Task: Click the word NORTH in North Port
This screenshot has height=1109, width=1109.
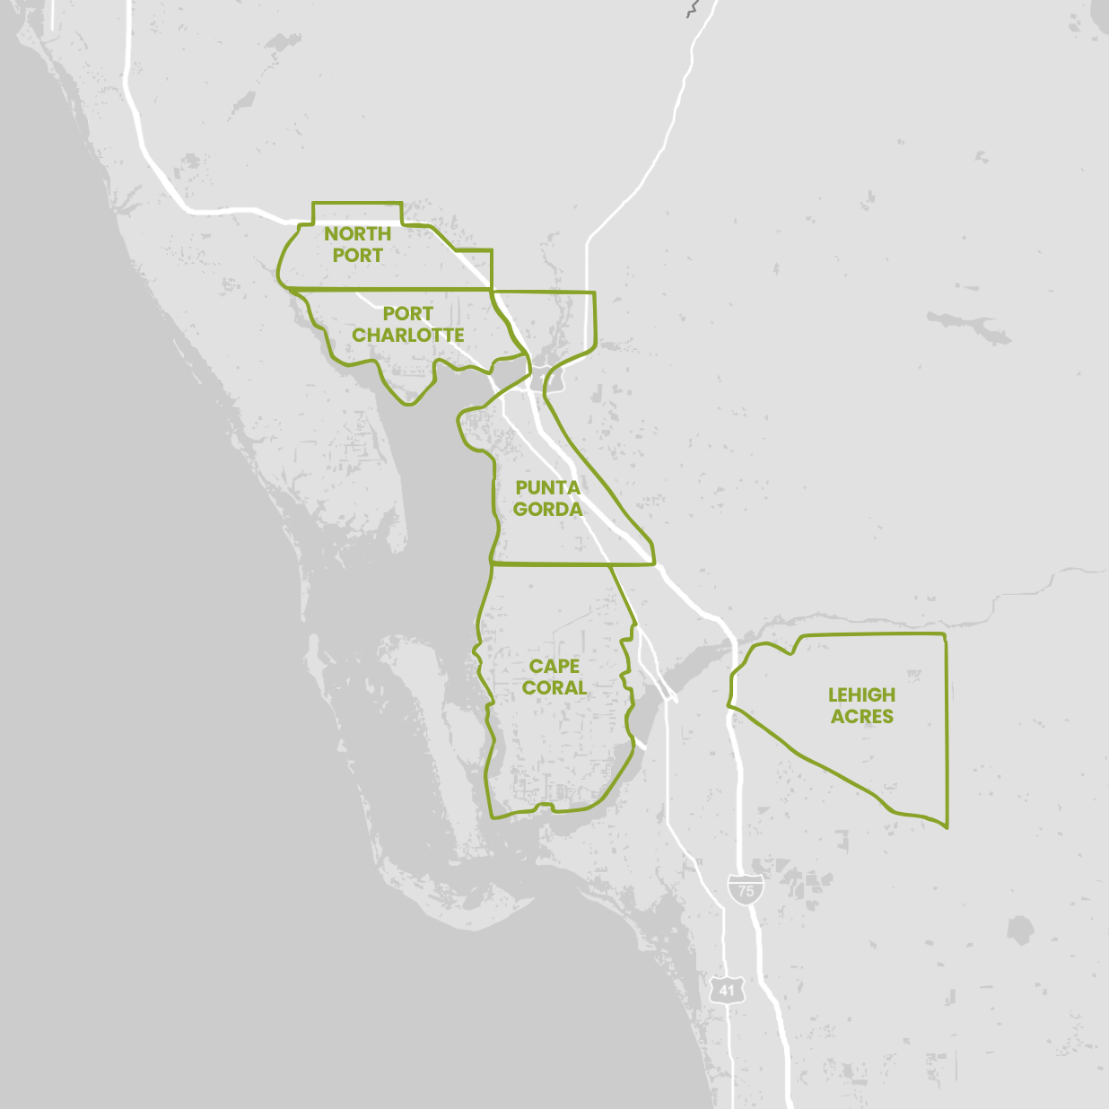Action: (x=357, y=234)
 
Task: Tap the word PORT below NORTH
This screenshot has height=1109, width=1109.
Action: (x=357, y=256)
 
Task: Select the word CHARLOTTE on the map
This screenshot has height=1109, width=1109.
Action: (x=408, y=336)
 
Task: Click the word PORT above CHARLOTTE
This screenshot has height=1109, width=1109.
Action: (x=408, y=314)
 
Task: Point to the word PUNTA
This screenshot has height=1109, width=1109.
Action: (x=547, y=488)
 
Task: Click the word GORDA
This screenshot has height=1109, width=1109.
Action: (x=547, y=510)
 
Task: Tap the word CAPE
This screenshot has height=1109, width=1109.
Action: (x=554, y=667)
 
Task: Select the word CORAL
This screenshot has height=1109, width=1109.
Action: (x=554, y=688)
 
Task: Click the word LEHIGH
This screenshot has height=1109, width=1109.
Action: (x=861, y=695)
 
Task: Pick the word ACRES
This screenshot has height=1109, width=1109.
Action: (x=861, y=717)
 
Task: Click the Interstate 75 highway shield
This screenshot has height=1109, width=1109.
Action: (x=746, y=888)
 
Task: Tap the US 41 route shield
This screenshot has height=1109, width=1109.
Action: (x=726, y=990)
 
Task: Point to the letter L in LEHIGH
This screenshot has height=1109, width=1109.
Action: (x=833, y=695)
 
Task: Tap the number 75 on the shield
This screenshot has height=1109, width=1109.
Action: (x=746, y=892)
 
